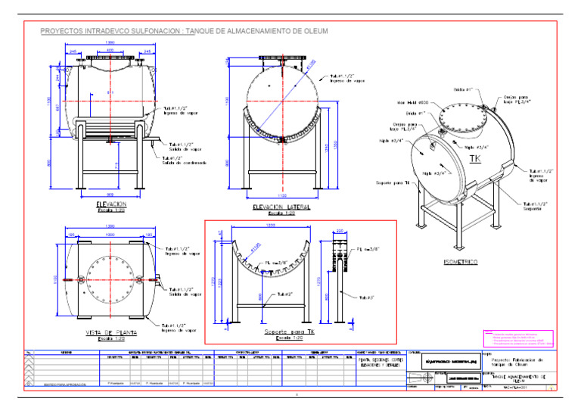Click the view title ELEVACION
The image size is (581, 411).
[x=111, y=204]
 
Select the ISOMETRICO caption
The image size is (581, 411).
[x=459, y=262]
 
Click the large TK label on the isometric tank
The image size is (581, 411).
[x=475, y=158]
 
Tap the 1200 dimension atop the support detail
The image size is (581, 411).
[x=270, y=226]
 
